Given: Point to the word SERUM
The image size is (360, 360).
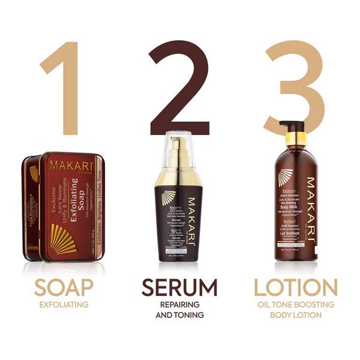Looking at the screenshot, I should click(x=179, y=287).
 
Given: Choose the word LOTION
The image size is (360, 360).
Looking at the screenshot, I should click(x=295, y=287).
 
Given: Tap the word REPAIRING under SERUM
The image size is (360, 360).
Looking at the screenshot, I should click(x=179, y=304).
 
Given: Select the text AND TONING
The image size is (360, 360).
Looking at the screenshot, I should click(x=179, y=314).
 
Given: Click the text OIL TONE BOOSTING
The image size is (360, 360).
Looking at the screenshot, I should click(x=295, y=304).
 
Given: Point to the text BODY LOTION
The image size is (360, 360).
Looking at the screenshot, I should click(x=295, y=314).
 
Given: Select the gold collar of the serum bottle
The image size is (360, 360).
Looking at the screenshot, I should click(x=179, y=177).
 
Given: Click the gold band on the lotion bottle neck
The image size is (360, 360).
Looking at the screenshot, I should click(x=295, y=141).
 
